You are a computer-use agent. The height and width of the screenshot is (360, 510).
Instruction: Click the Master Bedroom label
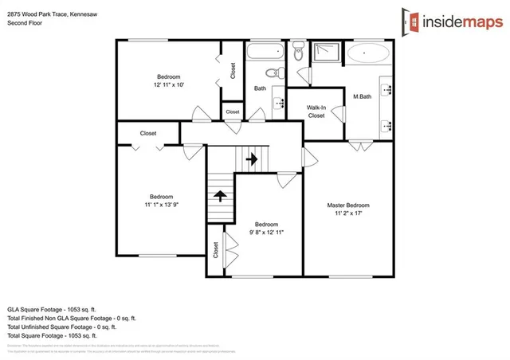(x=348, y=205)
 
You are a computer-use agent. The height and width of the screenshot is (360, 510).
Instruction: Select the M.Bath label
(x=363, y=97)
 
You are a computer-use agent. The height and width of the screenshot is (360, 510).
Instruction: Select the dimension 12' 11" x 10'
(x=169, y=84)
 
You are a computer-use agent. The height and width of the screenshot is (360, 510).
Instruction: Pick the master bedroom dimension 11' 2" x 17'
(x=348, y=214)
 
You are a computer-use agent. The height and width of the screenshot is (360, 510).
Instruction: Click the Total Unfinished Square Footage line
(x=61, y=327)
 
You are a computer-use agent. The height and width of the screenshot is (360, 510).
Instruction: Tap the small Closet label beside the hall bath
(x=233, y=112)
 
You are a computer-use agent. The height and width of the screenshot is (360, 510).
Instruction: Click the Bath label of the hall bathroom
(x=260, y=88)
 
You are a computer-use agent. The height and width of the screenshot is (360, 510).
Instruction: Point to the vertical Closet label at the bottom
(x=216, y=249)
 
